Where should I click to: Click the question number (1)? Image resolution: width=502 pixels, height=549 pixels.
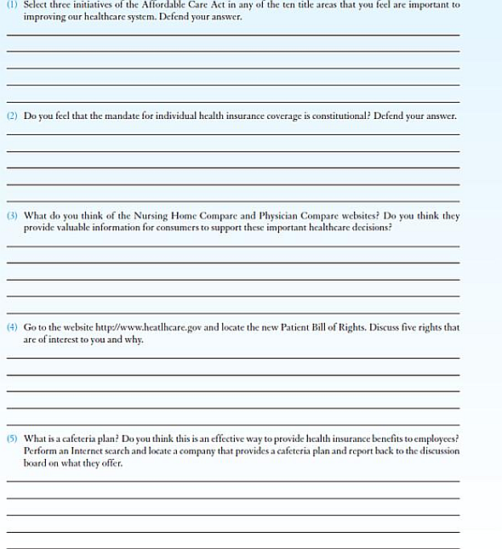pos(12,5)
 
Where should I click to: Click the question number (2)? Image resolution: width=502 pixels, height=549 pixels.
pos(12,116)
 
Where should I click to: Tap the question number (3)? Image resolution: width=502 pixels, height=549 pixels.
pos(12,216)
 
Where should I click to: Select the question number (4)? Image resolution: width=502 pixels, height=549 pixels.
pos(12,327)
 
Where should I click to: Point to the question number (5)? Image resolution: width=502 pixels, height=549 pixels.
pos(12,439)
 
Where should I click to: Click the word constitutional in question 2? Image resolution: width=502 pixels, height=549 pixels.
pos(334,116)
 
